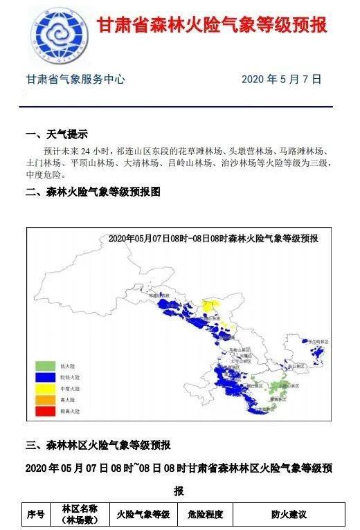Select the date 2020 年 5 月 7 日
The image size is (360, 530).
(282, 80)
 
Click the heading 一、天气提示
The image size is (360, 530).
(57, 134)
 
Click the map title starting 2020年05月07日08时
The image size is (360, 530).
(213, 238)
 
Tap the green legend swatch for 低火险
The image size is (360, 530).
(44, 365)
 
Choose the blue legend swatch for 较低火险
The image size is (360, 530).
(44, 376)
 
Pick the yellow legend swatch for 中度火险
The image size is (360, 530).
(44, 388)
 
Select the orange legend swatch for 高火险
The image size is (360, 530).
(44, 400)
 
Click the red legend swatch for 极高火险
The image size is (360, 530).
(44, 412)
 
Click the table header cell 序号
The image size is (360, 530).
(36, 515)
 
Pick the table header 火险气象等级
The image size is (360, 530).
(143, 515)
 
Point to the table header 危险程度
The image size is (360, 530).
(201, 515)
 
